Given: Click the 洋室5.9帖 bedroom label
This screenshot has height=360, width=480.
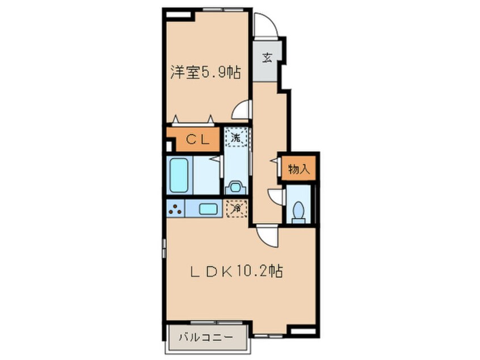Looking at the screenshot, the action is [205, 72].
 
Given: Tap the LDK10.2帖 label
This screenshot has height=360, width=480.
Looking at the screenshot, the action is [237, 271].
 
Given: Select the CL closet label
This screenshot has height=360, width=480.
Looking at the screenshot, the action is [198, 140].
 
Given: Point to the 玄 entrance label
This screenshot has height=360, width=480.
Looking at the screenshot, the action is [267, 57].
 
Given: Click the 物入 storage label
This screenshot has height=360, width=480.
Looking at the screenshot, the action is [299, 169].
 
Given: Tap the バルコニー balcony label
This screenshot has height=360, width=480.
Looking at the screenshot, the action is [206, 338].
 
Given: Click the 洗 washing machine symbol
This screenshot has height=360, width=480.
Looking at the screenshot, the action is [235, 137].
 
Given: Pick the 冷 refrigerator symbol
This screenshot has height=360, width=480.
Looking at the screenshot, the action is [237, 208].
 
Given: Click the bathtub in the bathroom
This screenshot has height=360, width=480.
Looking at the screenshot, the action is [179, 175].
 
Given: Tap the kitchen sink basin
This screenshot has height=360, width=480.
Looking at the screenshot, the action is [208, 209].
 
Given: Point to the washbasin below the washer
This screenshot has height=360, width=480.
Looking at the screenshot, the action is [235, 187].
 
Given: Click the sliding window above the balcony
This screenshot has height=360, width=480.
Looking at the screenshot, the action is [217, 323].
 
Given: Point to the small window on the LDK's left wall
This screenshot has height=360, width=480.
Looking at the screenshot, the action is [165, 248].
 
